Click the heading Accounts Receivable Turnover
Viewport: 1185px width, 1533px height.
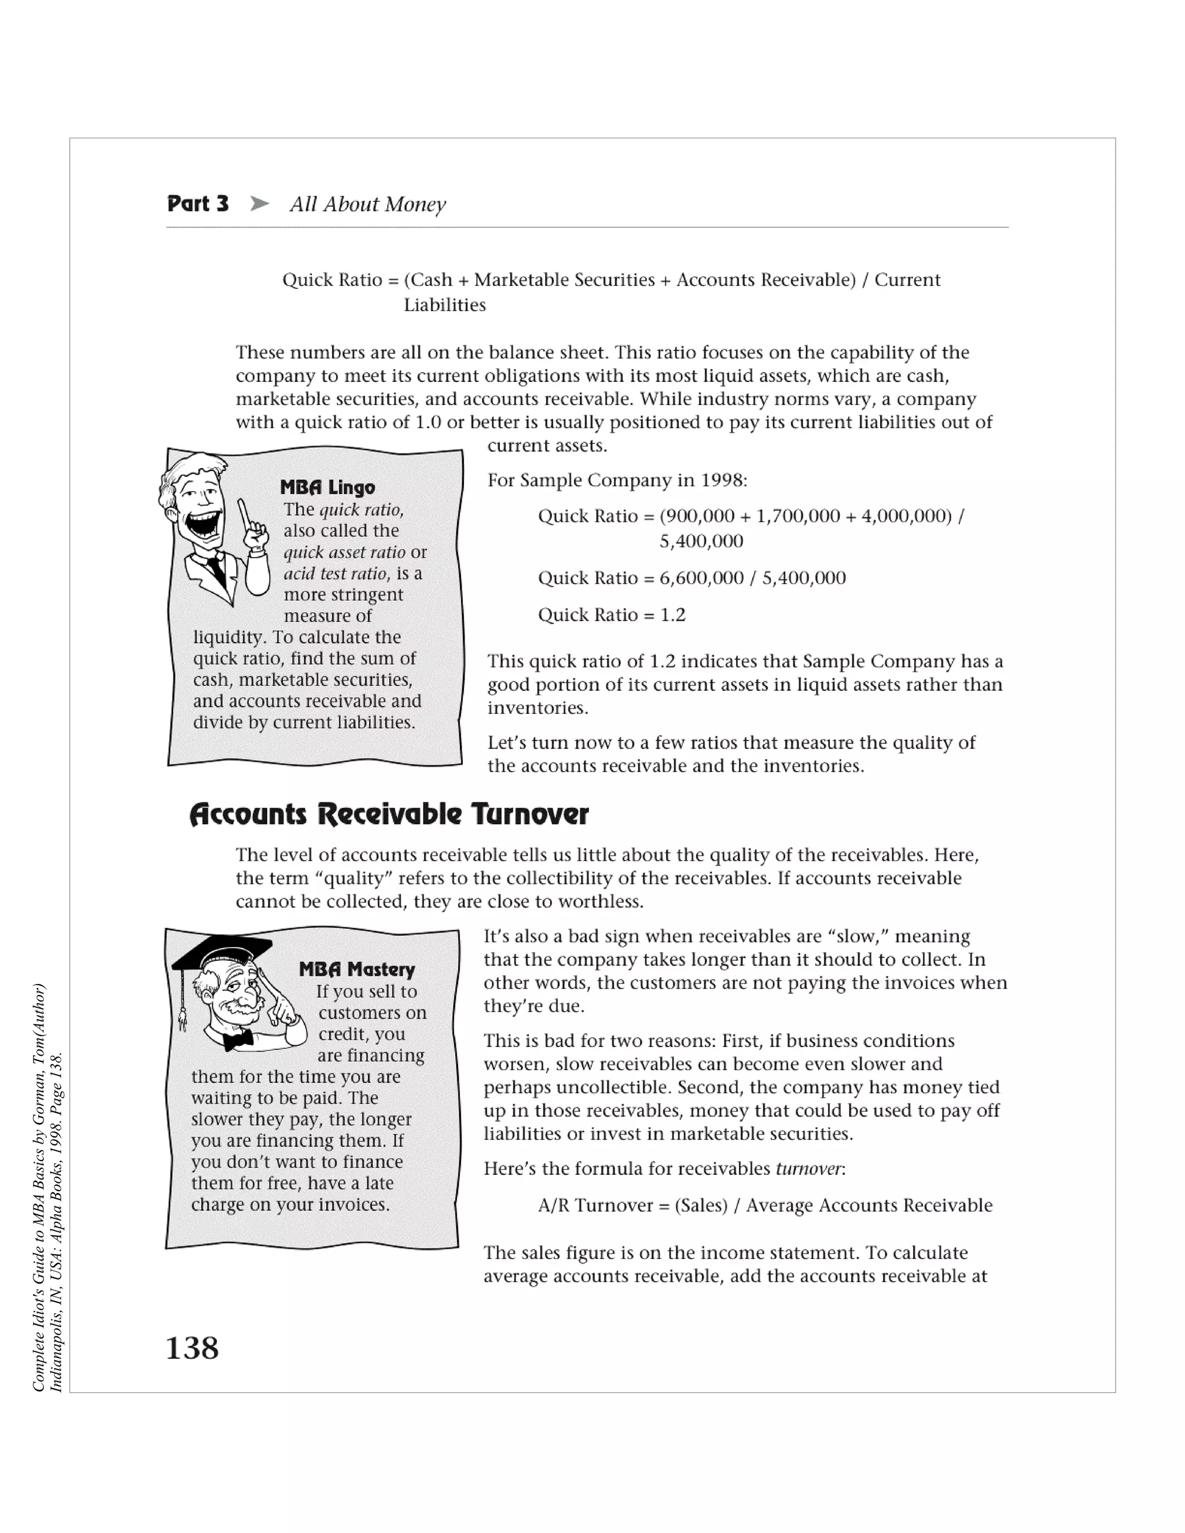[x=388, y=815]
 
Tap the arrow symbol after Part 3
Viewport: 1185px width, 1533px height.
[x=260, y=204]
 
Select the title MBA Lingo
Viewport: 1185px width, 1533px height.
[x=327, y=487]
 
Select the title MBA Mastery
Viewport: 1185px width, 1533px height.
[x=356, y=970]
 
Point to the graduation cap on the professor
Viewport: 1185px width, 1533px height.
[x=223, y=952]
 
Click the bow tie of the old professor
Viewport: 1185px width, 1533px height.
[x=238, y=1039]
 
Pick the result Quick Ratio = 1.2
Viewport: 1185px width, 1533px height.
[x=612, y=615]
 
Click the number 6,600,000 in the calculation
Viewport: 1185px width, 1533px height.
[x=701, y=578]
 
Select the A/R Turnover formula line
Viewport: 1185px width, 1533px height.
[x=764, y=1205]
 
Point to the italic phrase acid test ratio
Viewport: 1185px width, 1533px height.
[x=336, y=573]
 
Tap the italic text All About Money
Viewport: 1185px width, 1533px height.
[x=368, y=204]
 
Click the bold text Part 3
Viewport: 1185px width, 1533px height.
[x=198, y=204]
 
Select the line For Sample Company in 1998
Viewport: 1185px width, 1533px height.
[x=617, y=480]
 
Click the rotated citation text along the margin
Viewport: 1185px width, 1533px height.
[x=48, y=1186]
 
